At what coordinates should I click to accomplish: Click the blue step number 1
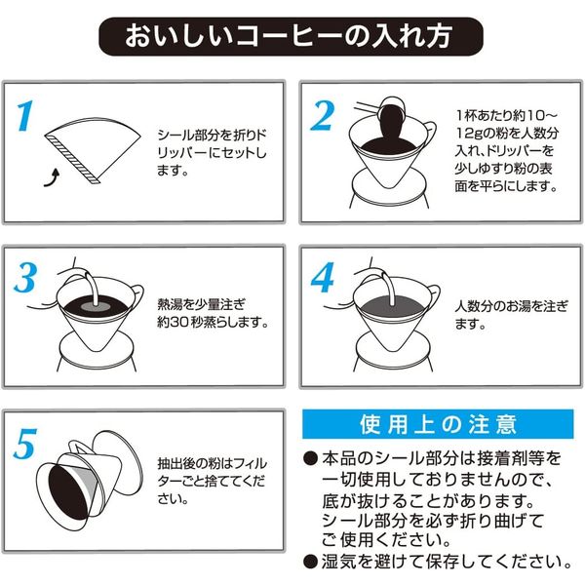pos(25,116)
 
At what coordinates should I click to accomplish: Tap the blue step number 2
pos(322,116)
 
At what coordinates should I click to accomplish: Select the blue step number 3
pos(25,277)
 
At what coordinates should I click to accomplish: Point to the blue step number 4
pos(323,277)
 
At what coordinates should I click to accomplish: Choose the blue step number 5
pos(25,444)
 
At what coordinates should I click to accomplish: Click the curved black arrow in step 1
pos(52,178)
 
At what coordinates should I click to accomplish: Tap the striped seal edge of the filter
pos(72,160)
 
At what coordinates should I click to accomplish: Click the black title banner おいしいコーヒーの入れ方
pos(291,37)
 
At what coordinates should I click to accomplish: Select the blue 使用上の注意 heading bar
pos(438,424)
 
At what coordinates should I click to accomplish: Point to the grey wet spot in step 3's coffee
pos(96,307)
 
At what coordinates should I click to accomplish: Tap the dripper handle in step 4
pos(434,296)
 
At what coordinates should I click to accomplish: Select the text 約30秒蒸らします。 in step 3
pos(213,323)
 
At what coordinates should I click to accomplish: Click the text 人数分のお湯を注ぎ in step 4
pos(511,307)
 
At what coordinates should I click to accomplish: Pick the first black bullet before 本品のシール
pos(310,458)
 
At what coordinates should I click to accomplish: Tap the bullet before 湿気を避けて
pos(310,562)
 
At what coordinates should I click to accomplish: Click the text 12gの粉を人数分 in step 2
pos(507,133)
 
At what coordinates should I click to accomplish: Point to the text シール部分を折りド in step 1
pos(212,136)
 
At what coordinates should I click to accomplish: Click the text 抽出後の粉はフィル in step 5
pos(212,463)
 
